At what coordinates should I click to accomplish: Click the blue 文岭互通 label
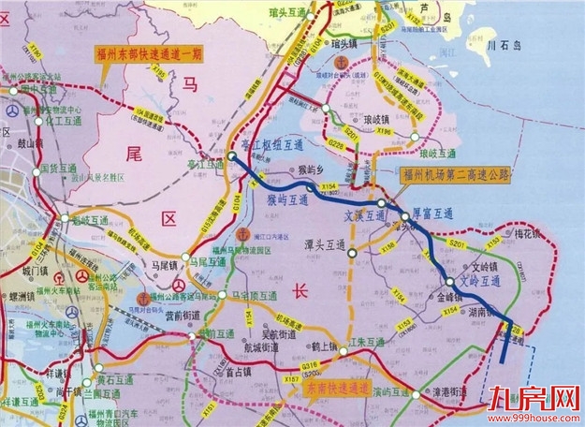point(483,279)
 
